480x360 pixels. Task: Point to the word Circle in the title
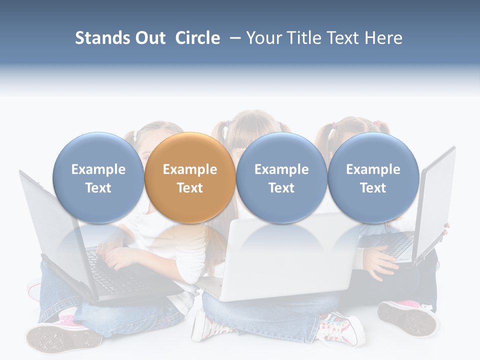tap(197, 38)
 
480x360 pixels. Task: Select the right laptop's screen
tap(437, 200)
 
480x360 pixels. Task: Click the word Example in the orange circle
tap(189, 169)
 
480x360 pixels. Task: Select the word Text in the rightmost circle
tap(373, 188)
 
